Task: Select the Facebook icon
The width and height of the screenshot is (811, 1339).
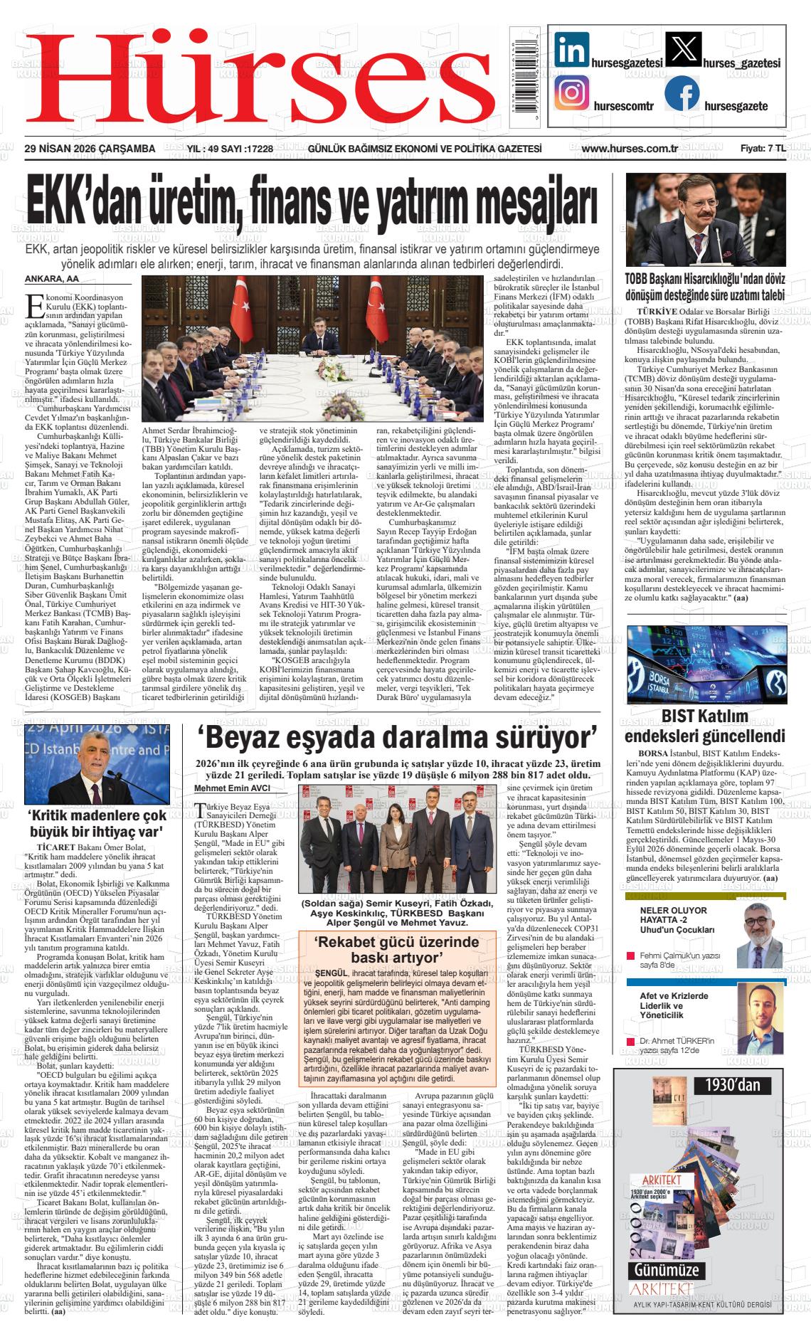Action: tap(682, 94)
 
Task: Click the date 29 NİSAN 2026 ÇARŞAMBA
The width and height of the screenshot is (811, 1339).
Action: tap(90, 149)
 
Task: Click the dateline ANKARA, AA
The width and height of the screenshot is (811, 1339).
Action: tap(52, 279)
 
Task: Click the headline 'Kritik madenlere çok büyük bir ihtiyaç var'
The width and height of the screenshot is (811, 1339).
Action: tap(96, 824)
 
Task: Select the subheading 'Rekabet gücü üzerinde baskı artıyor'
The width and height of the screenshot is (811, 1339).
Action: tap(397, 949)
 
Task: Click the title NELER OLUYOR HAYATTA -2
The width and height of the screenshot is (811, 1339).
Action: tap(673, 915)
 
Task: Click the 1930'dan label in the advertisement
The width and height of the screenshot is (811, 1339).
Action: tap(733, 1084)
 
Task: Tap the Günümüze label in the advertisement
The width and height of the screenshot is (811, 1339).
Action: tap(667, 1269)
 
